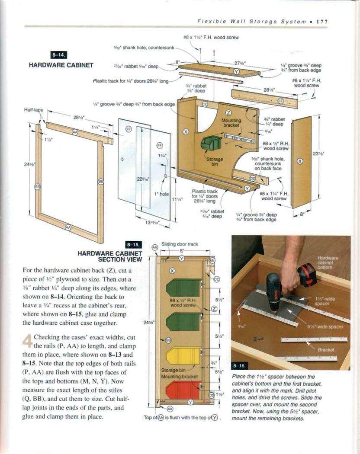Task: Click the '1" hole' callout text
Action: pyautogui.click(x=161, y=194)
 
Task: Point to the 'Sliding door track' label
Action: pyautogui.click(x=179, y=244)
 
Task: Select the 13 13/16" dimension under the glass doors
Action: pyautogui.click(x=152, y=223)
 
